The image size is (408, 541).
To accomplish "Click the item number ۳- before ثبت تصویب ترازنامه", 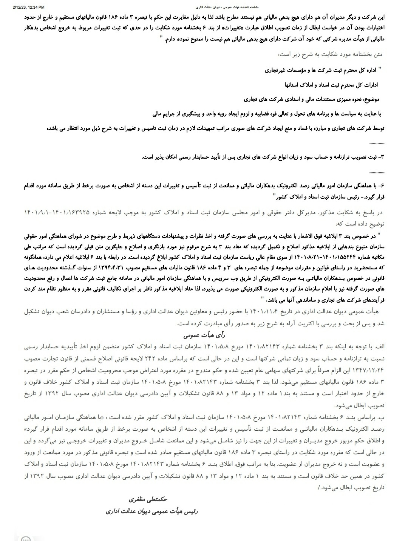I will (381, 157).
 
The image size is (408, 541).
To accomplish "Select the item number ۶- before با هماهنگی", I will (381, 187).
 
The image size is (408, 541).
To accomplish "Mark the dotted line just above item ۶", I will (377, 172).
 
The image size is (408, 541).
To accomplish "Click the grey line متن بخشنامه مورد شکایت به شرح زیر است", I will (331, 54).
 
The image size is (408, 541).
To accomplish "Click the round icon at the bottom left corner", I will (26, 538).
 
